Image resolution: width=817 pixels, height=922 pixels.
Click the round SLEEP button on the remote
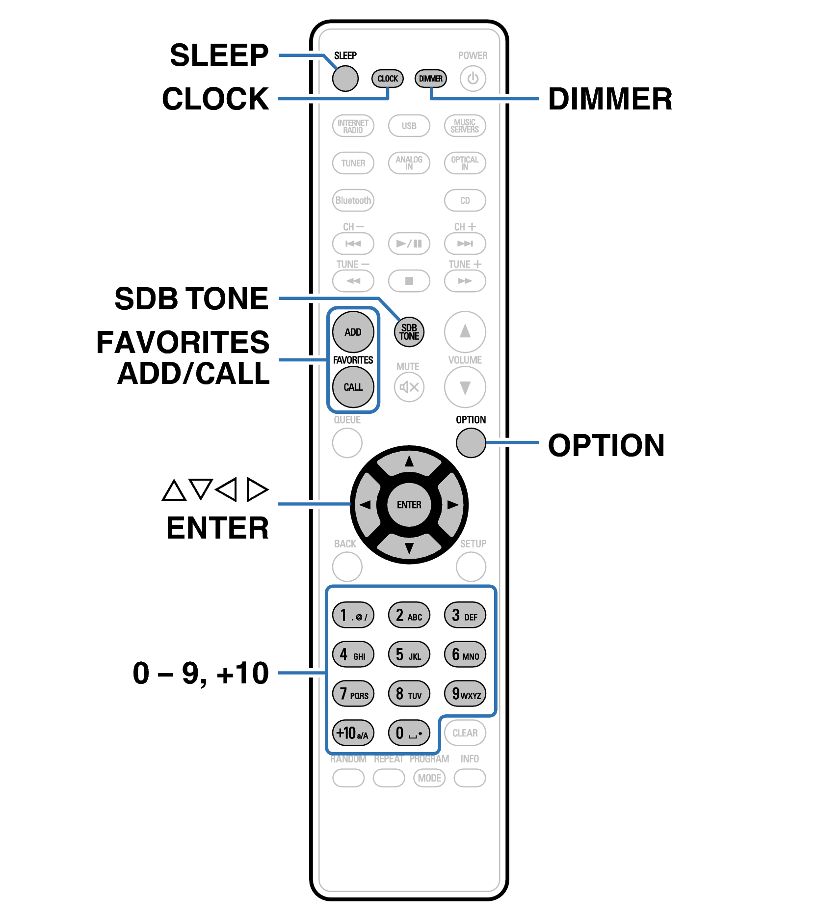[345, 79]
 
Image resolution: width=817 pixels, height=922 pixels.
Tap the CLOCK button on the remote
[387, 79]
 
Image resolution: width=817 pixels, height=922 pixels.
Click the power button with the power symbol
[473, 79]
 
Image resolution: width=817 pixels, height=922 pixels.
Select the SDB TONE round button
[409, 332]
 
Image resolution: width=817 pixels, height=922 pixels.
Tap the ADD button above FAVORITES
[353, 332]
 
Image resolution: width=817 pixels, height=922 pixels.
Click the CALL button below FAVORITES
[353, 387]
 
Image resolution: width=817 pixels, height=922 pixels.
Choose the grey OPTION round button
[471, 443]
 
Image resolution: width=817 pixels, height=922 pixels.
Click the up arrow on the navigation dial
[409, 462]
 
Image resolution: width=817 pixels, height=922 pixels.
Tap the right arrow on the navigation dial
[452, 505]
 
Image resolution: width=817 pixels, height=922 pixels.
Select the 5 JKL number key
[409, 655]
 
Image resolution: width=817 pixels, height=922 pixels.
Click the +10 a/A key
[353, 733]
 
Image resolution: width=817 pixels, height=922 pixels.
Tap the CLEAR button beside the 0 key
[465, 733]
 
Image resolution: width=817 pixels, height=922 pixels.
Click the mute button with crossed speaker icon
[409, 387]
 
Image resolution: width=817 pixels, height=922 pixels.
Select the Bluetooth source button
[353, 200]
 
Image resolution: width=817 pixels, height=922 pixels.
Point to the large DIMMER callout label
[609, 99]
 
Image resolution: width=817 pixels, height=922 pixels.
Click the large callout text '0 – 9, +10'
[201, 673]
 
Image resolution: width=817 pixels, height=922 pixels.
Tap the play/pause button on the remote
[409, 244]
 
